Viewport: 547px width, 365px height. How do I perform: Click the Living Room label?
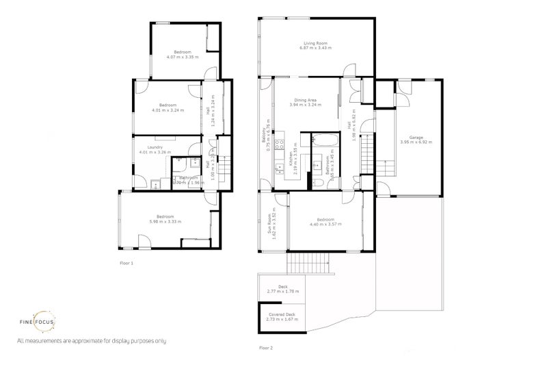coord(317,44)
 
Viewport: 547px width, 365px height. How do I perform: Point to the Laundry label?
coord(155,147)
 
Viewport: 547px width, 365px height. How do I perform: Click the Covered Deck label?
coord(282,314)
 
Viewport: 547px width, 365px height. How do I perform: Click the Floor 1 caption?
coord(126,263)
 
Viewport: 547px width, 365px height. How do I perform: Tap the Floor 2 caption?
coord(266,348)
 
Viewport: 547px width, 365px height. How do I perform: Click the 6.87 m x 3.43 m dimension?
coord(317,49)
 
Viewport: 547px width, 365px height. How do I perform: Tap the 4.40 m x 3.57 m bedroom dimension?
coord(324,224)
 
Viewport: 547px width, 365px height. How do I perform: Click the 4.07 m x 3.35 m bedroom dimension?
coord(182,57)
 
